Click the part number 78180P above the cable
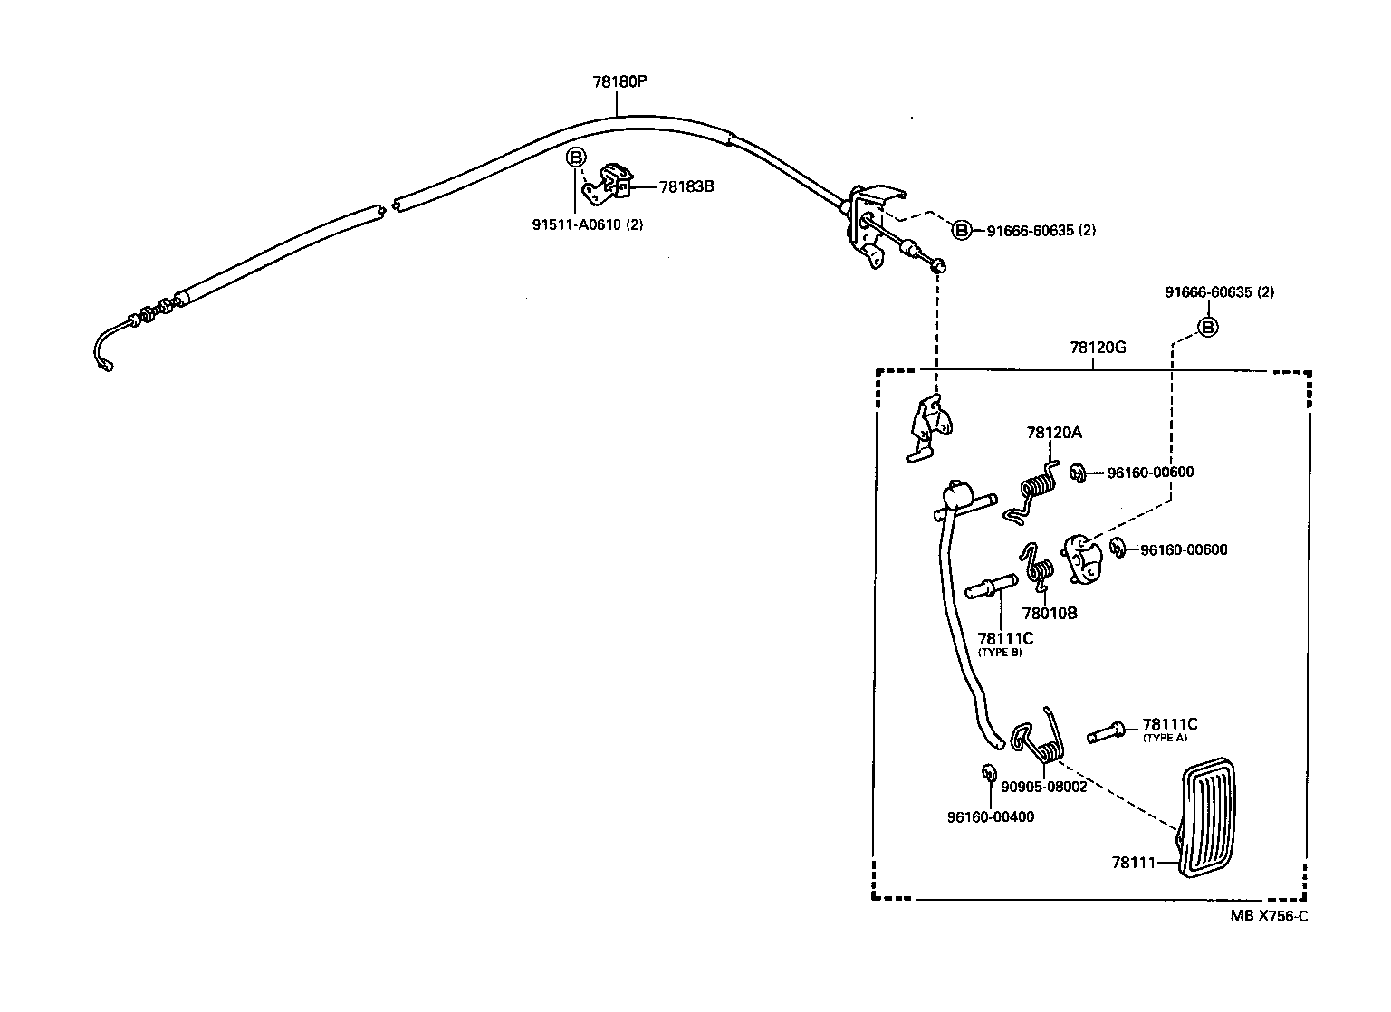(619, 81)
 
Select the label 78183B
(686, 187)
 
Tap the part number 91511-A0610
(589, 224)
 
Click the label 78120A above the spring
(1054, 433)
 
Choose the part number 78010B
(1050, 613)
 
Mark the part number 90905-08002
(1043, 787)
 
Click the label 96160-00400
(991, 816)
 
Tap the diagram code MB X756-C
(1269, 915)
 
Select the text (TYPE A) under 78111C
(1164, 738)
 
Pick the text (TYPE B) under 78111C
(1000, 652)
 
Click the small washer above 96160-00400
(989, 773)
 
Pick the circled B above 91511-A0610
(576, 158)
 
